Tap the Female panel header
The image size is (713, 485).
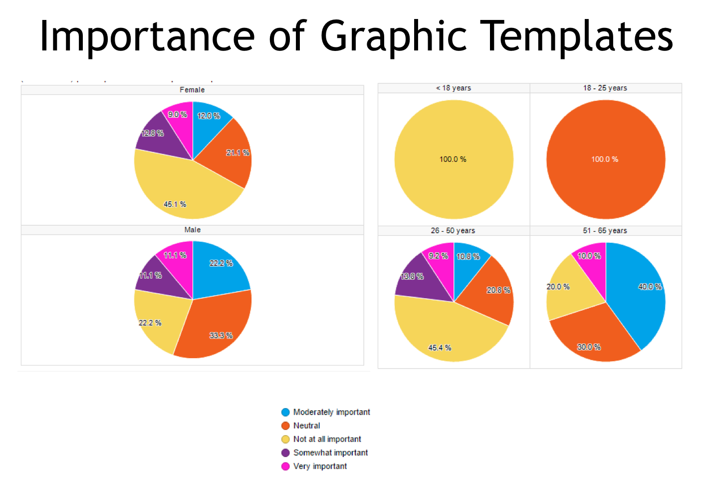(192, 90)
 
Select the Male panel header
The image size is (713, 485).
(192, 230)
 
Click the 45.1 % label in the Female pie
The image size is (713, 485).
(175, 204)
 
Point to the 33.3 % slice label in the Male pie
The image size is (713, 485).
(221, 335)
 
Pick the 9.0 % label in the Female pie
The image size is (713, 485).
(177, 114)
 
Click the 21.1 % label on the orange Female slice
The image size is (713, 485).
(238, 153)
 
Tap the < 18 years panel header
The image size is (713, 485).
(453, 88)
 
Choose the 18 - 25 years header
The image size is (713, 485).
(605, 88)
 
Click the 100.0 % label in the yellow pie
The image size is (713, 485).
(453, 159)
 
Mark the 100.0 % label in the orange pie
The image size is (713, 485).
(604, 159)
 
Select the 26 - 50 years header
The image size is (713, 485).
(453, 231)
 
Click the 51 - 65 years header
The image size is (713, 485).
(605, 231)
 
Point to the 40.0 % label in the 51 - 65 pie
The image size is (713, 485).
(650, 287)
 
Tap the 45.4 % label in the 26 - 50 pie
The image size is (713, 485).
(440, 348)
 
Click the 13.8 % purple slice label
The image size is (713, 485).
(412, 276)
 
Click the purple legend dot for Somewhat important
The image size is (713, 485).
(285, 453)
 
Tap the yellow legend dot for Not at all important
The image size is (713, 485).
(285, 439)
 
